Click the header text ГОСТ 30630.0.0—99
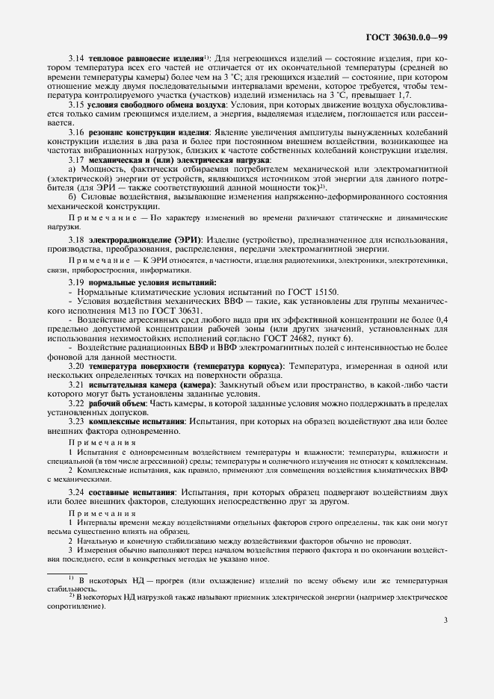tap(407, 35)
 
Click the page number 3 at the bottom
tap(445, 619)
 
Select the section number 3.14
tap(75, 58)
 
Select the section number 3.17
tap(75, 160)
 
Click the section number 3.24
tap(75, 494)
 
